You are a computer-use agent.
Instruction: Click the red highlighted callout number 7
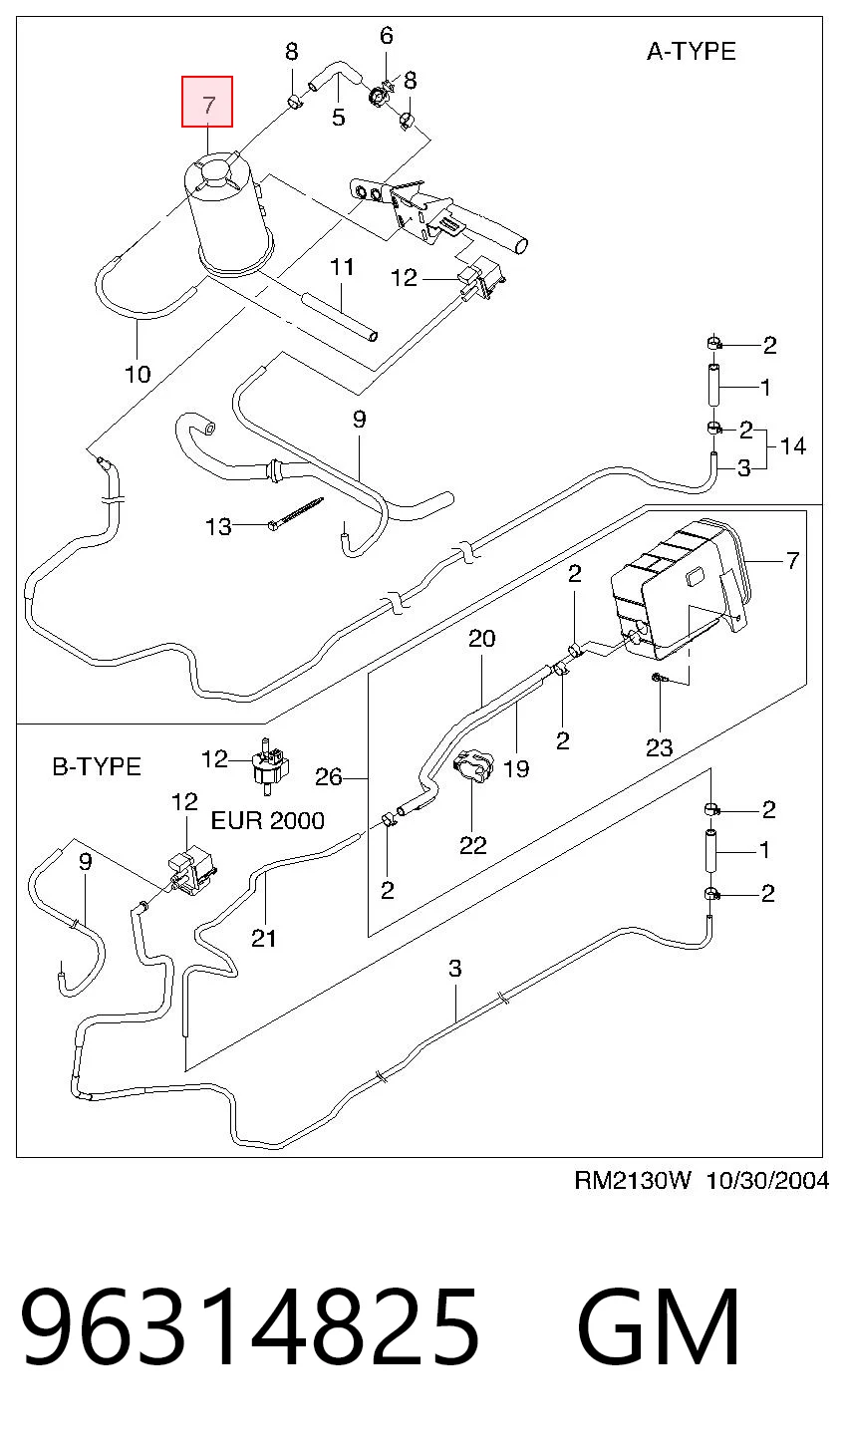[x=207, y=103]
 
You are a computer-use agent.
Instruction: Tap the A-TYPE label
[x=691, y=51]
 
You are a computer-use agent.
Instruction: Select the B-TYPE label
[x=97, y=766]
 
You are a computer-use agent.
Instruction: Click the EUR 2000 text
[x=267, y=820]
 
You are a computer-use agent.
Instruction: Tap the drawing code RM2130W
[x=633, y=1181]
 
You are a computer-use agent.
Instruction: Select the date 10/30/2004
[x=766, y=1181]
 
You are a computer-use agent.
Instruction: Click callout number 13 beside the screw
[x=218, y=526]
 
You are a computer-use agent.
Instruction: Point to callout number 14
[x=792, y=445]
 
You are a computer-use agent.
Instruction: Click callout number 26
[x=328, y=776]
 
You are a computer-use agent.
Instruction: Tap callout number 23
[x=660, y=747]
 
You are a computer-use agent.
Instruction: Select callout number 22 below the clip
[x=473, y=845]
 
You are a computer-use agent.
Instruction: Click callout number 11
[x=342, y=266]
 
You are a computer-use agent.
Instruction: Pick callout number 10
[x=138, y=374]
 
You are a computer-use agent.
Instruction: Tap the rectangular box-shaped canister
[x=681, y=589]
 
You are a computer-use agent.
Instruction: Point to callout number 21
[x=263, y=938]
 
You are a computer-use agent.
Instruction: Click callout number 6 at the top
[x=387, y=35]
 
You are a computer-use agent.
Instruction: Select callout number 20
[x=482, y=639]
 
